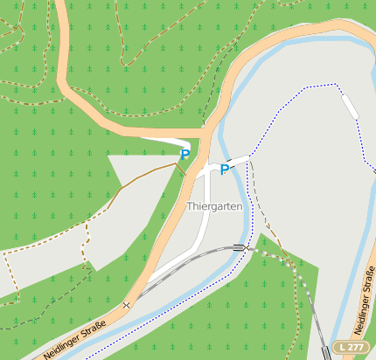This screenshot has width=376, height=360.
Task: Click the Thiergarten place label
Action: coord(214,206)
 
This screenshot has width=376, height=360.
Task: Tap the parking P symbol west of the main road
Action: coord(185,155)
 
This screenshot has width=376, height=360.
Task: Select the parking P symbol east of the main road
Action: coord(225,170)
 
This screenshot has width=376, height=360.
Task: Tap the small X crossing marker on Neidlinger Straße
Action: coord(127,305)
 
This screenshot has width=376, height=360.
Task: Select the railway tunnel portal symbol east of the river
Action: coord(240,248)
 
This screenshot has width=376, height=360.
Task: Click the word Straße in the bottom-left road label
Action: coord(92,329)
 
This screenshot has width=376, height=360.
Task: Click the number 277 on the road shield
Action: coord(355,348)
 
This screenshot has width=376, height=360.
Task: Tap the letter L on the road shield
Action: coord(343,348)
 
